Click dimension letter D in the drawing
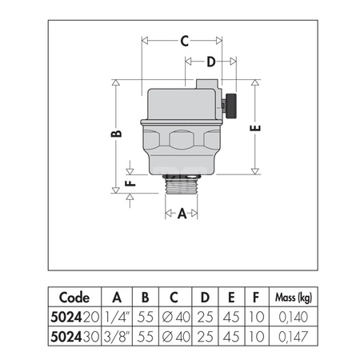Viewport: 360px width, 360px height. click(211, 62)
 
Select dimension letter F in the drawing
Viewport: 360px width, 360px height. click(132, 182)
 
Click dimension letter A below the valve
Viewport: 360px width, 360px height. click(182, 214)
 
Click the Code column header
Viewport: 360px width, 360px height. click(75, 293)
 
